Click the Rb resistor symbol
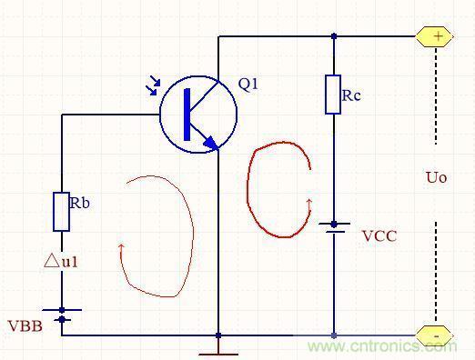62,212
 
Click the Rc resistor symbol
333,95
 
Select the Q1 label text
248,84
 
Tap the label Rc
351,95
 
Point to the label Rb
80,203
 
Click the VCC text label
379,236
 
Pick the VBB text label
25,326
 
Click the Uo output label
437,177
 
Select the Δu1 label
61,261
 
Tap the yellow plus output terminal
434,36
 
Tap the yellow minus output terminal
434,335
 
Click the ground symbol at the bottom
218,347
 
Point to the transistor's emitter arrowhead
211,143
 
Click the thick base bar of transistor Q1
187,115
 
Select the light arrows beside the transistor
154,85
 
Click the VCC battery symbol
334,227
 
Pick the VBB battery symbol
62,315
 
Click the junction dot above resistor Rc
334,36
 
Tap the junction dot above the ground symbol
218,335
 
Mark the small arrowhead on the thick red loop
309,204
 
